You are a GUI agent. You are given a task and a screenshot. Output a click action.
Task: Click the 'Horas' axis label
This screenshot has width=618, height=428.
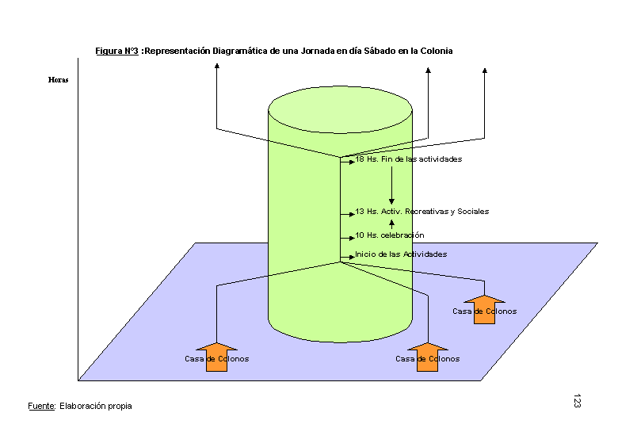pos(58,79)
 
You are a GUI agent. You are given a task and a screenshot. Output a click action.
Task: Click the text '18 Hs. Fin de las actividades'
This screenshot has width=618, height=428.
pos(408,159)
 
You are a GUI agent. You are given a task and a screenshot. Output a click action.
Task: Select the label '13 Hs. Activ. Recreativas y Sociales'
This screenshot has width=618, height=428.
pos(422,212)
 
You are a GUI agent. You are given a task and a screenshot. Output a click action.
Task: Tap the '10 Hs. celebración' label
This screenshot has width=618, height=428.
pos(389,235)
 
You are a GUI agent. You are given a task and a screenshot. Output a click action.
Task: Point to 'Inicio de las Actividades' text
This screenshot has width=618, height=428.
pos(401,254)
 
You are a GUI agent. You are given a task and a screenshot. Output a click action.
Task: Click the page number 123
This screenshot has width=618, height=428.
pos(577,400)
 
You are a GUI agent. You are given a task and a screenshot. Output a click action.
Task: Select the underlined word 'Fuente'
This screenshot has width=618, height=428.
pos(41,406)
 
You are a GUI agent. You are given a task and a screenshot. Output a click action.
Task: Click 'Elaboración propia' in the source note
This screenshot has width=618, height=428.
pos(96,406)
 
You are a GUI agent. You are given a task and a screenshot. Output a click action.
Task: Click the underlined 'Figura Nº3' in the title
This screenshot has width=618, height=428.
pos(117,51)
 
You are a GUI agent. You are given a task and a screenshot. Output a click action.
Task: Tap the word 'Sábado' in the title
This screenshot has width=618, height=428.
pos(367,51)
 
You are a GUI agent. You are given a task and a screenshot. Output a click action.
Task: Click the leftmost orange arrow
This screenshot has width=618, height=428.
pos(216,357)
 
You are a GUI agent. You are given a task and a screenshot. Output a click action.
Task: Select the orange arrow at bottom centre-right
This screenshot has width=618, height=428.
pos(427,357)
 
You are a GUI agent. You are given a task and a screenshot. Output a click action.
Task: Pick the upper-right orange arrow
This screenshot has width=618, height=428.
pos(484,309)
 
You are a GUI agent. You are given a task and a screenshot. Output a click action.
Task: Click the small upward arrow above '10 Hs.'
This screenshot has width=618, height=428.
pos(391,224)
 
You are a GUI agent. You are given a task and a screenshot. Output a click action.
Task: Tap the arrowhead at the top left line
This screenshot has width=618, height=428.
pos(216,70)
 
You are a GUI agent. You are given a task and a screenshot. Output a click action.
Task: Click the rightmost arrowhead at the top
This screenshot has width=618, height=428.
pos(484,71)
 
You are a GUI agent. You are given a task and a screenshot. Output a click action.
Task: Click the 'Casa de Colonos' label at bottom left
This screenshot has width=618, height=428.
pos(216,359)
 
